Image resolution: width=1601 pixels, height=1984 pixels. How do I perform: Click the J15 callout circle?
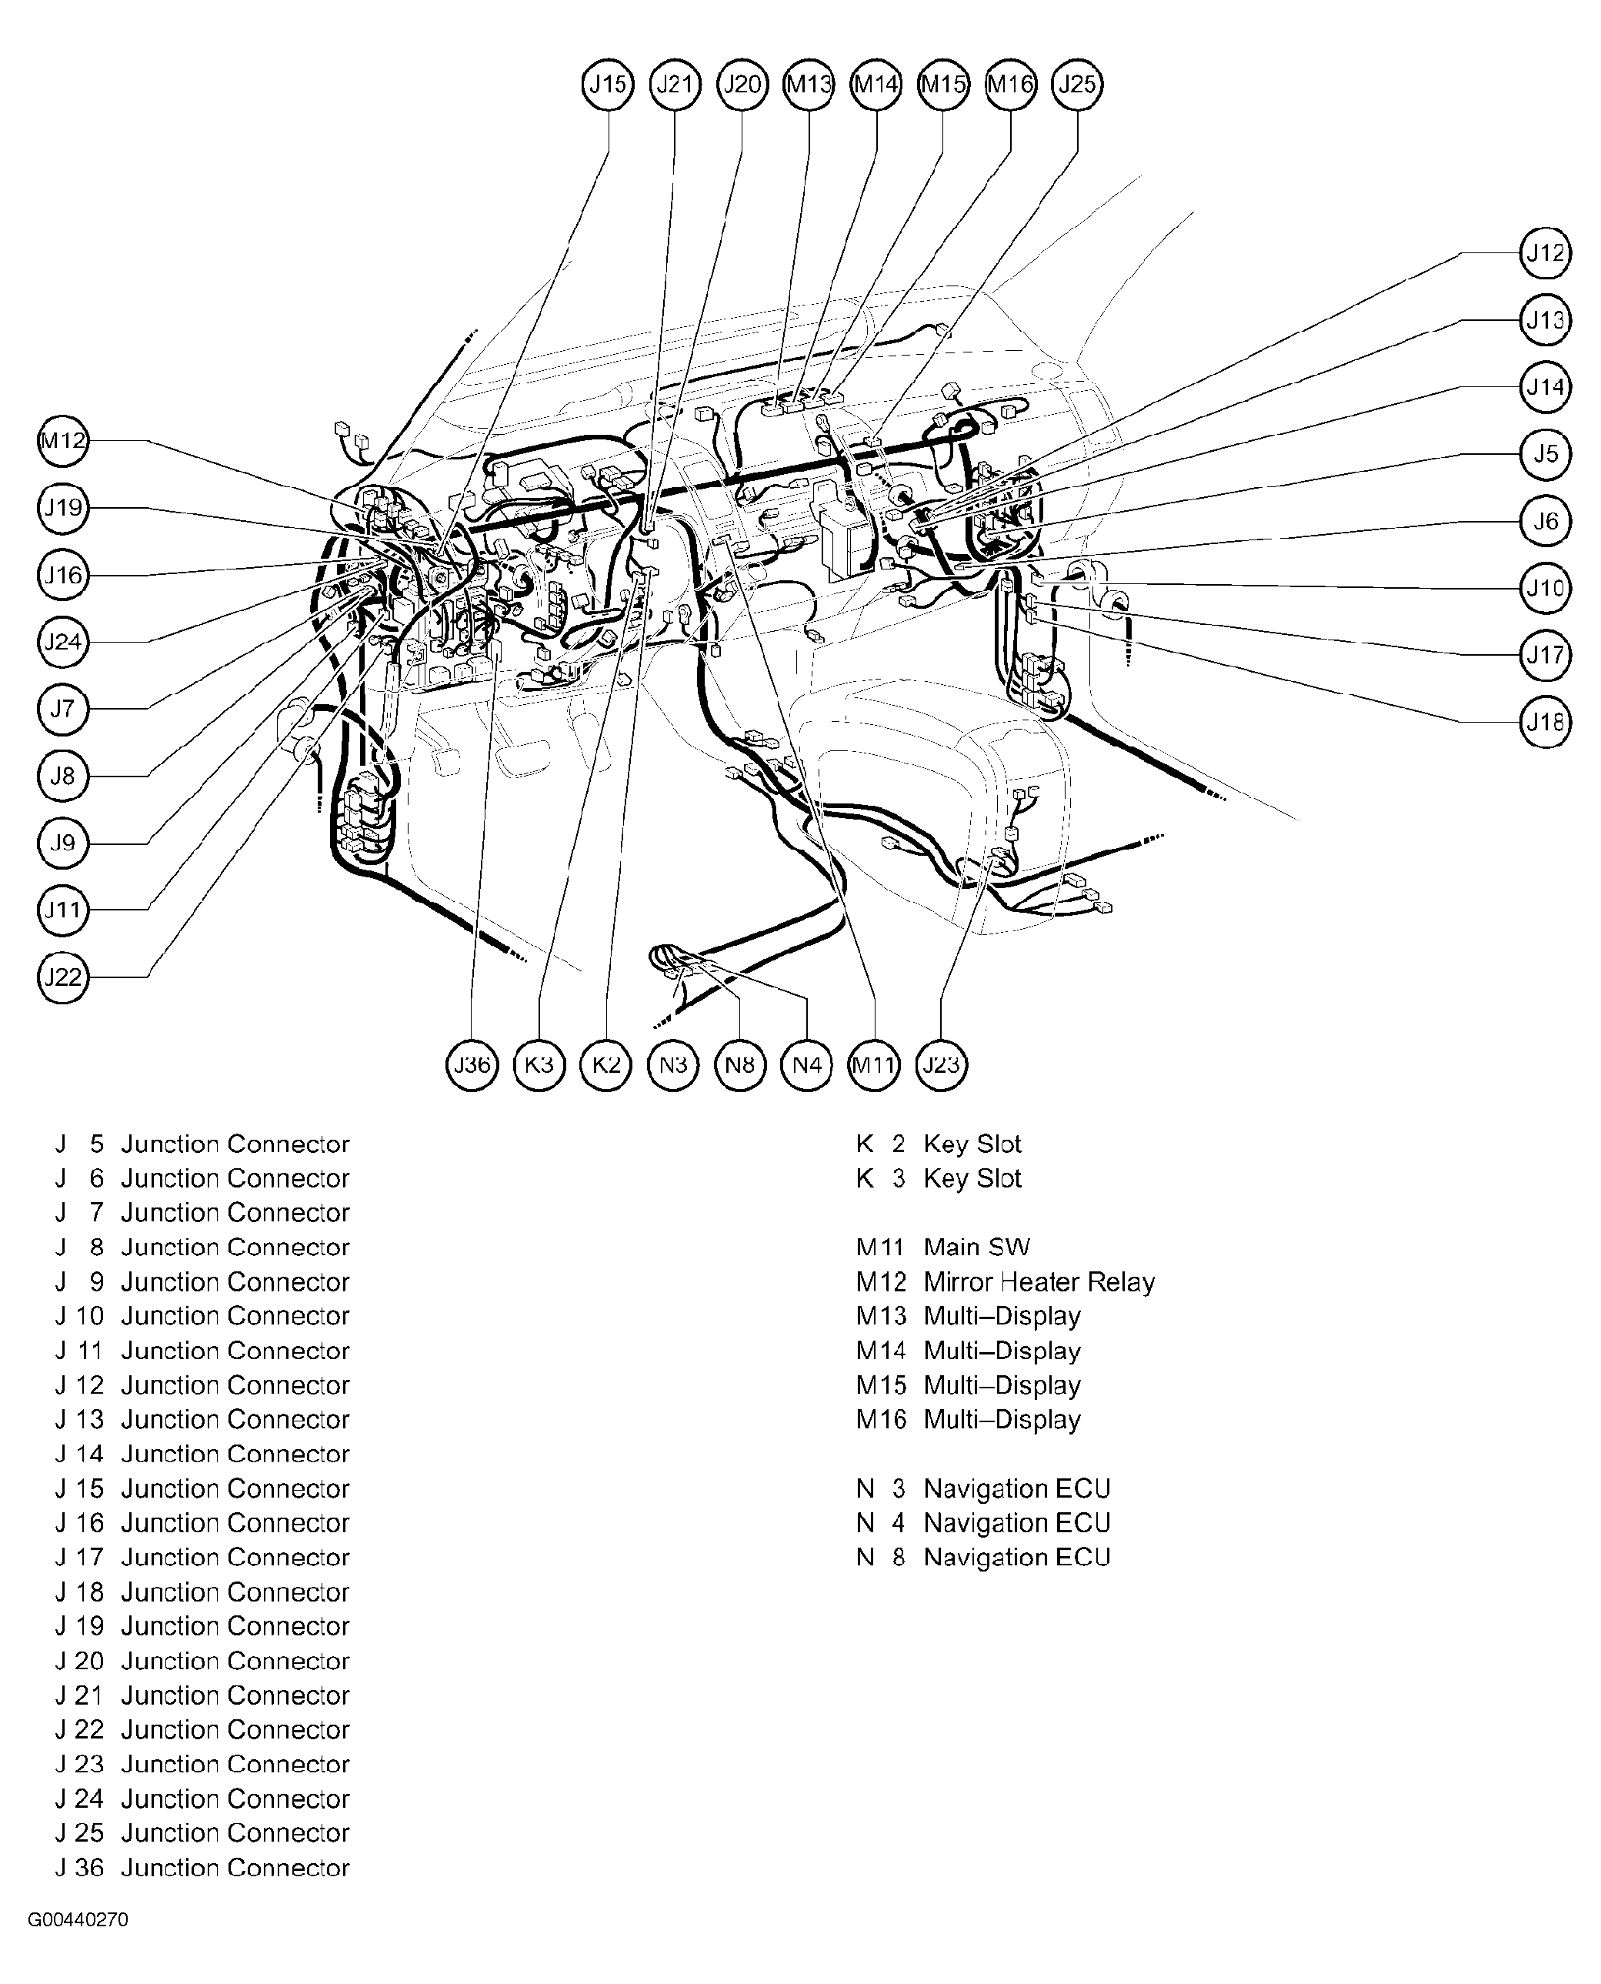click(608, 85)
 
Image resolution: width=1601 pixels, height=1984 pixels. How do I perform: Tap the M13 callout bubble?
click(809, 85)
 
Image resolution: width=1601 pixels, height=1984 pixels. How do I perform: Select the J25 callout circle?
click(1077, 85)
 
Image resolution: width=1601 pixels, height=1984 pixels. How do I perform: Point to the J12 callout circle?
click(1545, 252)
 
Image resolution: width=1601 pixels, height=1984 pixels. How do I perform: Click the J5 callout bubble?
click(1545, 454)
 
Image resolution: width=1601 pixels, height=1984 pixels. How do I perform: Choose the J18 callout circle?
click(1545, 722)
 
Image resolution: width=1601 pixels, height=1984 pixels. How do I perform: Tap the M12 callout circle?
click(63, 441)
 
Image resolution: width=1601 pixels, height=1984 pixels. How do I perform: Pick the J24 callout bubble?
click(63, 642)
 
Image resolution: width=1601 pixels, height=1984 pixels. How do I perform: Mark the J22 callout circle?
click(63, 977)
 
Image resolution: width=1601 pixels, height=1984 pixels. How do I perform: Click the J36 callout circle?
click(472, 1065)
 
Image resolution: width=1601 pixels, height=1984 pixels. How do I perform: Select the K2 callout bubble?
click(606, 1065)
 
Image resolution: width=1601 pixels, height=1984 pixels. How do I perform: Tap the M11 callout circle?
click(874, 1065)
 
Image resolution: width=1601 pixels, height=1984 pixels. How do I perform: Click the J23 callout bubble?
click(942, 1065)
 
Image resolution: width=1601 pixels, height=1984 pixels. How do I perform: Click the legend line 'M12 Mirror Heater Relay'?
click(1006, 1282)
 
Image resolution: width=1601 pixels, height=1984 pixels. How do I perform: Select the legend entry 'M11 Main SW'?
click(942, 1247)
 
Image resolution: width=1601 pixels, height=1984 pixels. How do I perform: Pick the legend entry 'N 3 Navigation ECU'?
click(983, 1488)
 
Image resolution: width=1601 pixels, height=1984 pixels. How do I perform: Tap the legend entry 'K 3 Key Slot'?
click(939, 1179)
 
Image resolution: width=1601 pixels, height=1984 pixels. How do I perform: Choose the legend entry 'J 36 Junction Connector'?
click(203, 1868)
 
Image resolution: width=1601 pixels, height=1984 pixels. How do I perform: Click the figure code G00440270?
click(78, 1920)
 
